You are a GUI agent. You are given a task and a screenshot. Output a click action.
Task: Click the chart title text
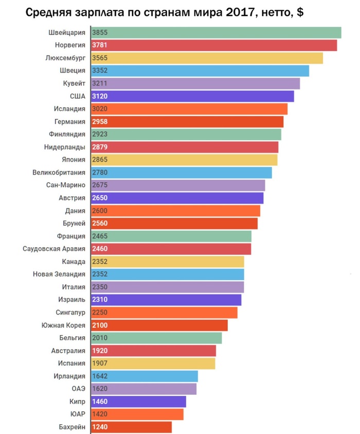pyautogui.click(x=164, y=12)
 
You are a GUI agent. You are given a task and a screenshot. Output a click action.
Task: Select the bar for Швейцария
pyautogui.click(x=216, y=32)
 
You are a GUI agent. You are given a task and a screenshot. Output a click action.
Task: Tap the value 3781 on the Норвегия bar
pyautogui.click(x=100, y=45)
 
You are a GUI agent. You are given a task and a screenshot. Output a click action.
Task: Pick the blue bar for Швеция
pyautogui.click(x=201, y=71)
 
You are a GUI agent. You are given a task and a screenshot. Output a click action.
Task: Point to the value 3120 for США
pyautogui.click(x=100, y=96)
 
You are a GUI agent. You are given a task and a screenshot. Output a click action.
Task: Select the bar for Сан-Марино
pyautogui.click(x=178, y=185)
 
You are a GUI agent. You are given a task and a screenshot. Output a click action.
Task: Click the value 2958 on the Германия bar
pyautogui.click(x=100, y=121)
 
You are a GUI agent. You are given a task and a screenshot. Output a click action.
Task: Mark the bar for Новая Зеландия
pyautogui.click(x=168, y=274)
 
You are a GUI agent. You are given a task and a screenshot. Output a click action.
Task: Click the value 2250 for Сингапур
pyautogui.click(x=99, y=313)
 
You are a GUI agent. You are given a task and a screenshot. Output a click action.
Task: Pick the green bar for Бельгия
pyautogui.click(x=156, y=338)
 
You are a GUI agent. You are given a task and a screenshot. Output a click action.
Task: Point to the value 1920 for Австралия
pyautogui.click(x=99, y=351)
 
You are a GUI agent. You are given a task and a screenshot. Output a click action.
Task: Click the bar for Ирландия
pyautogui.click(x=145, y=376)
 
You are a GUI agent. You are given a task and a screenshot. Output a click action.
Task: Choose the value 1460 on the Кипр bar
pyautogui.click(x=99, y=402)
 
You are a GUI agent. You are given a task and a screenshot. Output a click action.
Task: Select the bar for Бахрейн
pyautogui.click(x=132, y=427)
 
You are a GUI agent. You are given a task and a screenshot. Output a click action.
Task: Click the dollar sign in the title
pyautogui.click(x=299, y=12)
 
